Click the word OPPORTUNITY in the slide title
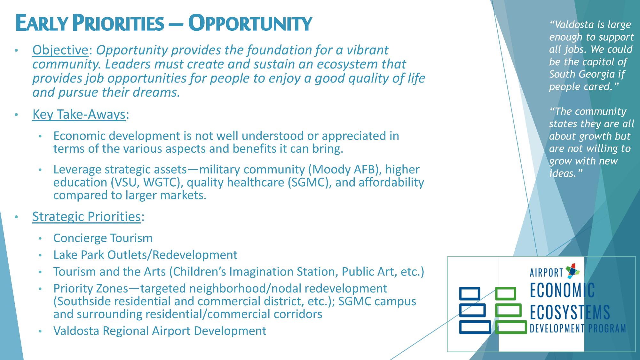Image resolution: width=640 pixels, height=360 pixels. click(x=250, y=23)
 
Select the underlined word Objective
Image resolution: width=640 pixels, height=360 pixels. click(x=60, y=50)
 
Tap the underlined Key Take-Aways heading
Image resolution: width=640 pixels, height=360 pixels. click(x=79, y=114)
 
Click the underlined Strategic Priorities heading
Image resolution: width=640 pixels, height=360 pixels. click(x=86, y=217)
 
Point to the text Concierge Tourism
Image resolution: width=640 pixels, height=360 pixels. click(x=103, y=238)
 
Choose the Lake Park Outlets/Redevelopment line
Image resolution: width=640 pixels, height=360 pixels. click(x=145, y=255)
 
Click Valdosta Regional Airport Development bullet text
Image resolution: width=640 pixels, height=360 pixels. click(x=160, y=331)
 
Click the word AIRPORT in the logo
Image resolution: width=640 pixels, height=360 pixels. click(x=546, y=272)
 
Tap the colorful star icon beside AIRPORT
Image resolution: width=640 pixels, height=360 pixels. click(x=573, y=270)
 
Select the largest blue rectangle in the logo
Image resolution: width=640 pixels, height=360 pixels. click(x=475, y=327)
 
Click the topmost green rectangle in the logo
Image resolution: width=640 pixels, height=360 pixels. click(x=505, y=293)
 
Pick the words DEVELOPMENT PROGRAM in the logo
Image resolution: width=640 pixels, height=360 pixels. click(x=578, y=329)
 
